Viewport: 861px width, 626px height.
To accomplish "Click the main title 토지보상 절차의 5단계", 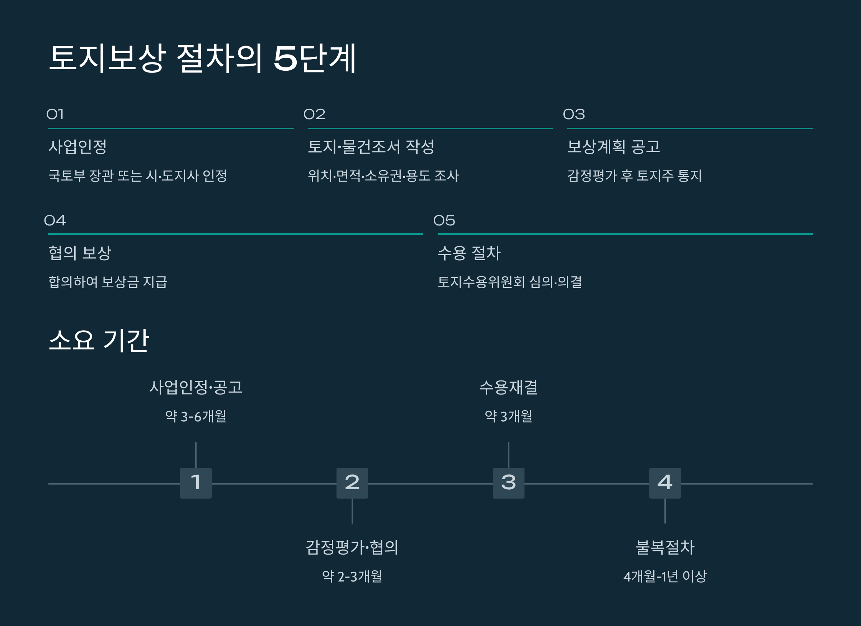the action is coord(202,58).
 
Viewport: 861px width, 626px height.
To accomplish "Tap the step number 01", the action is coord(55,114).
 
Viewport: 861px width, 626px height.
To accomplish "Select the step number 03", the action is coord(574,114).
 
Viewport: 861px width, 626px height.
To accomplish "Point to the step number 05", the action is coord(444,220).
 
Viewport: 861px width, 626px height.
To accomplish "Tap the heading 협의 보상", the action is coord(80,253).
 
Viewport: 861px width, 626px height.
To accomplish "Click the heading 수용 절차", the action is coord(469,253).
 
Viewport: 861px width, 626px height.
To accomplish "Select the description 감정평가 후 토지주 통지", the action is coord(634,176).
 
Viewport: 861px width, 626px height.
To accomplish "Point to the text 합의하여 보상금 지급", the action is coord(108,282).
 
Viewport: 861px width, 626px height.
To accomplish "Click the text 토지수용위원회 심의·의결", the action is coord(509,282).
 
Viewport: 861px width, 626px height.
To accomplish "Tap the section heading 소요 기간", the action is coord(99,340).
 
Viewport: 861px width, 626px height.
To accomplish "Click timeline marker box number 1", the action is coord(196,483).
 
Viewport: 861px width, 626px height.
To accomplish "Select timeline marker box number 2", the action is coord(352,483).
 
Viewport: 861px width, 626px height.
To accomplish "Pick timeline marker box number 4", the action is coord(665,483).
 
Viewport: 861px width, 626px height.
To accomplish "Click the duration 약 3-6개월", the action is coord(196,416).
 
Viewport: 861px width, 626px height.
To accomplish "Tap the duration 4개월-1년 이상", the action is coord(665,576).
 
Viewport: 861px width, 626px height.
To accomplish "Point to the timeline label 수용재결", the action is coord(508,387).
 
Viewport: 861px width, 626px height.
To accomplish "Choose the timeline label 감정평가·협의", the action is coord(352,547).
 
